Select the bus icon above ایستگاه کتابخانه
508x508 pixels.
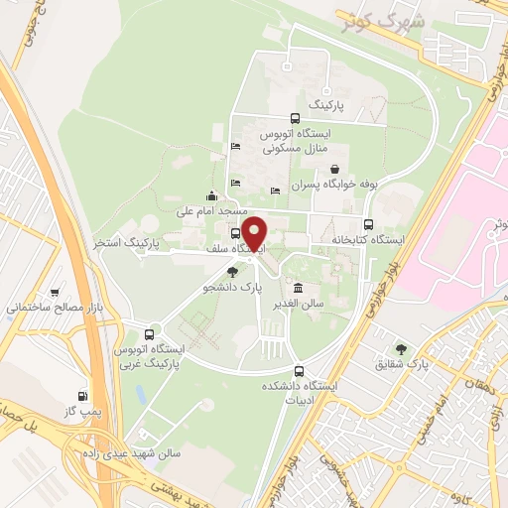tap(369, 224)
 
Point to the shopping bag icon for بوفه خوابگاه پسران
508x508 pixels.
tap(335, 169)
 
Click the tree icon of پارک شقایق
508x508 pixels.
tap(401, 349)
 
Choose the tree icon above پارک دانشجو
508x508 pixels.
tap(232, 271)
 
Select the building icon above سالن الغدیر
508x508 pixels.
tap(299, 288)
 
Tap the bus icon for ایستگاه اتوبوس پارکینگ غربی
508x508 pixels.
tap(149, 333)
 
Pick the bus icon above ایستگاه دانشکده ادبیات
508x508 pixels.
tap(300, 370)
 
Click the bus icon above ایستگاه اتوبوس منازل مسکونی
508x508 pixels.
tap(295, 120)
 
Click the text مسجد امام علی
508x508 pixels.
tap(210, 210)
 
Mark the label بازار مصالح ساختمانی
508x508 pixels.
tap(55, 309)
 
